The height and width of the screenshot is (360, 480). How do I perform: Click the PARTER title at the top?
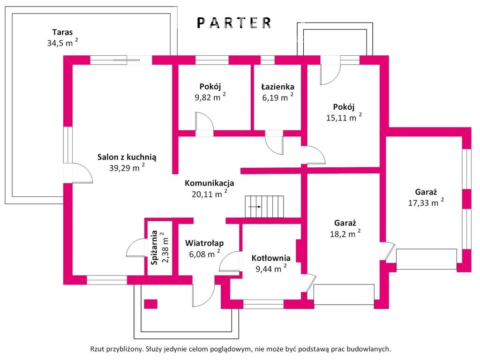tap(234, 23)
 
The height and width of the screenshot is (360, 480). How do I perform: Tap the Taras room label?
tap(62, 32)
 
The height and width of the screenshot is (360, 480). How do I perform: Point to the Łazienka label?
tap(277, 87)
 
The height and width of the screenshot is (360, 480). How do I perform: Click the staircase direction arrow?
tap(255, 207)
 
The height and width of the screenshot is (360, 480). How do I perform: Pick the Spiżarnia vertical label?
tap(155, 247)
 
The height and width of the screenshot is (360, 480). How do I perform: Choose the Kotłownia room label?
tap(271, 258)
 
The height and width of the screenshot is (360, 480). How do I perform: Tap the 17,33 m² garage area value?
tap(426, 202)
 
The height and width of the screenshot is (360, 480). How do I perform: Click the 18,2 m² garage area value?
tap(345, 233)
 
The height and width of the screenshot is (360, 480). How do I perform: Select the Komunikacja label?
tap(210, 183)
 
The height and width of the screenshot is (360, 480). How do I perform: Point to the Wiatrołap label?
tap(204, 243)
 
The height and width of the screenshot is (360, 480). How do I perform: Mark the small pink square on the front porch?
tap(150, 304)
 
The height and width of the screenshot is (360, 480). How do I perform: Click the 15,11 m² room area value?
tap(344, 118)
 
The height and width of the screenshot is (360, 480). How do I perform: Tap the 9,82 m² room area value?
tap(210, 97)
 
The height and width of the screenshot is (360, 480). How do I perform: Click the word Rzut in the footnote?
tap(97, 349)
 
